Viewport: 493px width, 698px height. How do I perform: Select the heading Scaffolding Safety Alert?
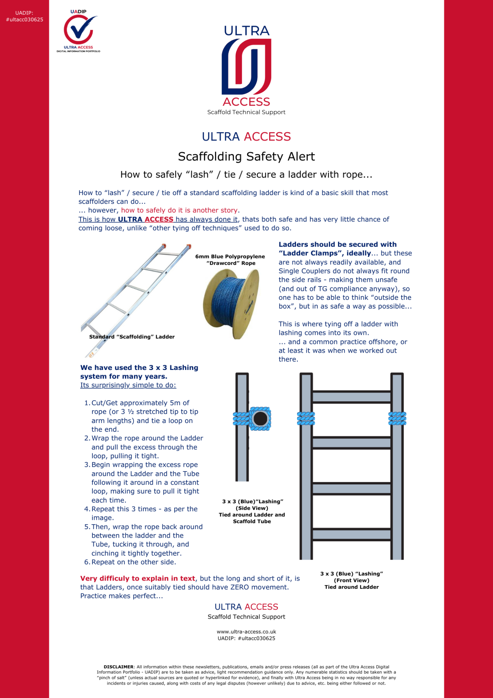247,156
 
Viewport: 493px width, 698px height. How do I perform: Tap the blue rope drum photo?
231,303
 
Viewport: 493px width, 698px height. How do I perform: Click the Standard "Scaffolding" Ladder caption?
132,337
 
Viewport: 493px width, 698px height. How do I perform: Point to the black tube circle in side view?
260,419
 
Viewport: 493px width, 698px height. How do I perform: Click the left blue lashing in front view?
306,418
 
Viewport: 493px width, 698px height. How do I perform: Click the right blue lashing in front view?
397,418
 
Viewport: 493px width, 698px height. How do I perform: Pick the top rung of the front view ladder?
352,397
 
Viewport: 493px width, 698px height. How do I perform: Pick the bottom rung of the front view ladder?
352,534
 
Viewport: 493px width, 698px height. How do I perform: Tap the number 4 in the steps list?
87,509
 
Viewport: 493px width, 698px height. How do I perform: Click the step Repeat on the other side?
134,562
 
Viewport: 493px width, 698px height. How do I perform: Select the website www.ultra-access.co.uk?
247,632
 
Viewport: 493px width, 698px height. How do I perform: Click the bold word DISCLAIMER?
118,667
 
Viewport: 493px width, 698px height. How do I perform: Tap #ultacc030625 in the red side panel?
25,20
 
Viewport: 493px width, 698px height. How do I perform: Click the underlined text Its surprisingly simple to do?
128,385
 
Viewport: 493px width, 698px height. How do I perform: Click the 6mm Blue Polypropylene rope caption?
230,260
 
